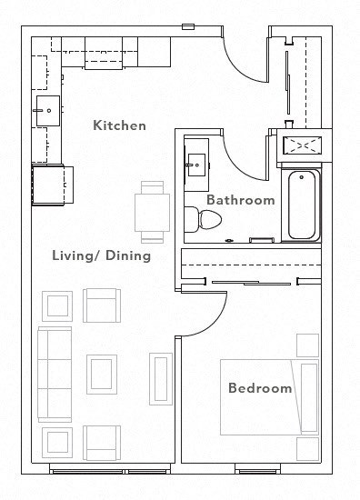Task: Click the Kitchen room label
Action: coord(119,125)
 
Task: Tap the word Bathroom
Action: coord(240,200)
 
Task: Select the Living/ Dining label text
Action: coord(101,255)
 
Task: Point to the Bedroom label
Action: coord(260,388)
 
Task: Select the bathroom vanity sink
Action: coord(195,164)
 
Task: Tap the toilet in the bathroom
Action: coord(204,219)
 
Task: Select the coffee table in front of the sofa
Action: coord(102,373)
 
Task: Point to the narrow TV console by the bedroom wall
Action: coord(162,380)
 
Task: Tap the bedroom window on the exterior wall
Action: coord(260,470)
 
